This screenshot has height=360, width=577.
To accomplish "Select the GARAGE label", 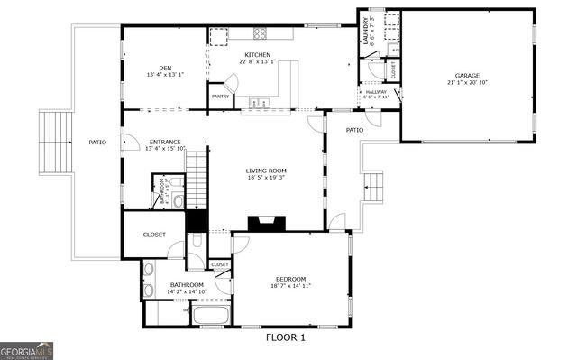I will point(466,75).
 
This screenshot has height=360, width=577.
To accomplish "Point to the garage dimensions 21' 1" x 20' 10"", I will point(466,82).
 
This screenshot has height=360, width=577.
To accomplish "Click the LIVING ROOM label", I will point(266,171).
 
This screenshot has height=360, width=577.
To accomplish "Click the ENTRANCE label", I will point(165,142).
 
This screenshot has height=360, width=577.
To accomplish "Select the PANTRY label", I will point(220,96).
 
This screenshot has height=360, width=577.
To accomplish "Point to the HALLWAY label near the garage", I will point(375,91).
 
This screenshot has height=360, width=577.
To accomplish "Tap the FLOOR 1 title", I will point(286,337).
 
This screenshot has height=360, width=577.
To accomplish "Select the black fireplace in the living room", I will point(267,223).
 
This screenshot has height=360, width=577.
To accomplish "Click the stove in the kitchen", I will point(261,34).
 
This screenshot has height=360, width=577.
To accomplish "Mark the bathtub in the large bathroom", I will point(211,316).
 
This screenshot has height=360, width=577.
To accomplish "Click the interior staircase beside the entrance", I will point(197,180).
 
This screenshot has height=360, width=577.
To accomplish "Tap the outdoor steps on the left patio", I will point(55,141).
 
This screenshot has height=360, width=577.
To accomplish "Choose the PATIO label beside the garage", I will point(355,130).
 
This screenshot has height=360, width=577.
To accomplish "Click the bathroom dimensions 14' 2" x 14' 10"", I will point(187,291).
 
